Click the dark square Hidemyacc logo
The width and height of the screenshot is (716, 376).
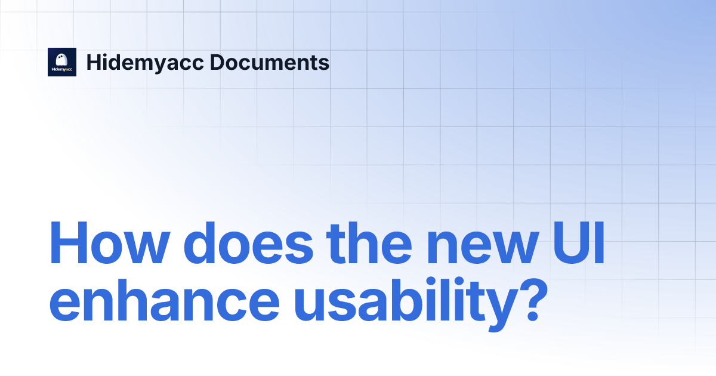click(x=62, y=62)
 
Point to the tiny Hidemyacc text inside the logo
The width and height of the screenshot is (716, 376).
click(x=62, y=70)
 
